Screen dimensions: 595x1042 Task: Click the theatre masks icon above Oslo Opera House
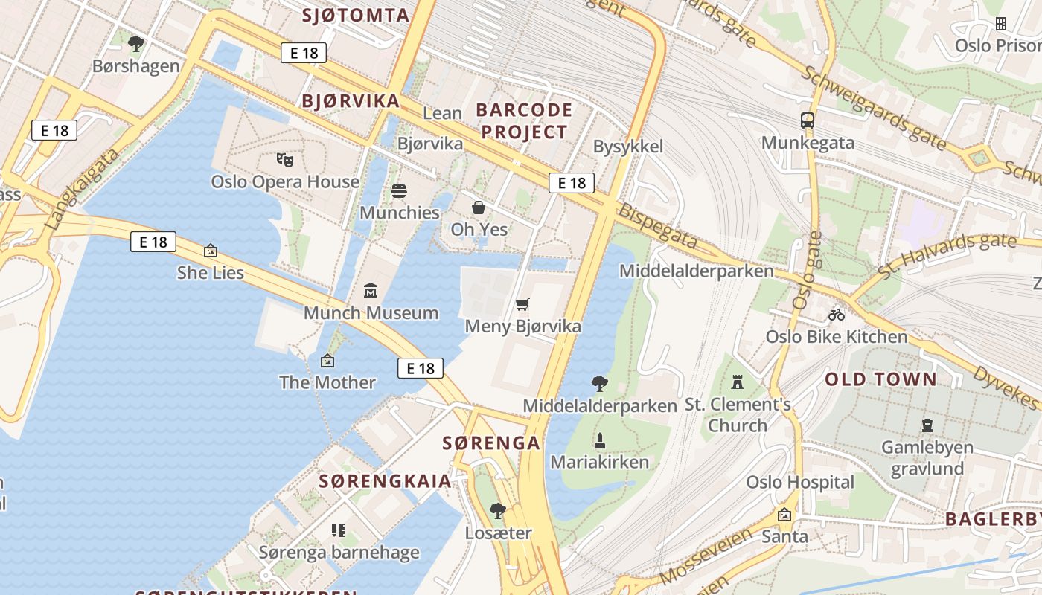pyautogui.click(x=285, y=159)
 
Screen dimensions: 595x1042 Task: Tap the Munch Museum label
pyautogui.click(x=371, y=312)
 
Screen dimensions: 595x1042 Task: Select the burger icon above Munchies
pyautogui.click(x=399, y=191)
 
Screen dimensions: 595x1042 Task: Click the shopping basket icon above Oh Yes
pyautogui.click(x=479, y=208)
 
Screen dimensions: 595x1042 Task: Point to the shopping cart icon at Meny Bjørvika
pyautogui.click(x=522, y=304)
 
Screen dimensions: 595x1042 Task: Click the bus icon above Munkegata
pyautogui.click(x=808, y=120)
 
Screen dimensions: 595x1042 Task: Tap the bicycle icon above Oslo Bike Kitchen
pyautogui.click(x=837, y=315)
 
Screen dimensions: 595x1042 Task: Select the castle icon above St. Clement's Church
pyautogui.click(x=738, y=382)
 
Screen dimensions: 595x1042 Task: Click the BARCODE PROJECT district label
pyautogui.click(x=524, y=121)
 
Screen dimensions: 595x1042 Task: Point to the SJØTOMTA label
pyautogui.click(x=356, y=15)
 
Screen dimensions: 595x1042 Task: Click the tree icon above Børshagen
pyautogui.click(x=135, y=44)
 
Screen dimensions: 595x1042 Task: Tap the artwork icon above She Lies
pyautogui.click(x=211, y=251)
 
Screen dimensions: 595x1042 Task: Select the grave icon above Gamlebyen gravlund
pyautogui.click(x=927, y=425)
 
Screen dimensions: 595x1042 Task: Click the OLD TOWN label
pyautogui.click(x=880, y=379)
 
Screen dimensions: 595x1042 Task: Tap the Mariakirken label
pyautogui.click(x=599, y=462)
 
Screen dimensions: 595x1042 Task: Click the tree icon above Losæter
pyautogui.click(x=498, y=511)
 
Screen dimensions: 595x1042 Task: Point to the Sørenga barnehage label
pyautogui.click(x=339, y=553)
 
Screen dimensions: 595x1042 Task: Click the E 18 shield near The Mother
pyautogui.click(x=421, y=368)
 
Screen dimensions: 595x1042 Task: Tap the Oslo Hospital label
pyautogui.click(x=800, y=482)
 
